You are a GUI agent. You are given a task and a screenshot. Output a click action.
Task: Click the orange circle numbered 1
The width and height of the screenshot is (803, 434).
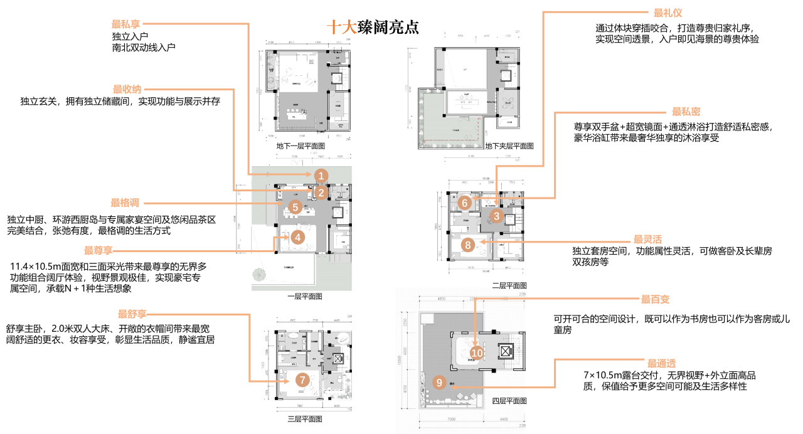point(321,176)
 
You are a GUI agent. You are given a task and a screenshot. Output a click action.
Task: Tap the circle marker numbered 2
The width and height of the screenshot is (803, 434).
point(321,193)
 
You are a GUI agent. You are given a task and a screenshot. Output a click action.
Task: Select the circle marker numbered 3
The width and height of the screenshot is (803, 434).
point(496,216)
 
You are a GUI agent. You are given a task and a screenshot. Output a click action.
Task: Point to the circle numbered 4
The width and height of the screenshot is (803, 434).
point(298,237)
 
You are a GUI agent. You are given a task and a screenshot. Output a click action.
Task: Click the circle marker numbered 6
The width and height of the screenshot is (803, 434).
point(464,203)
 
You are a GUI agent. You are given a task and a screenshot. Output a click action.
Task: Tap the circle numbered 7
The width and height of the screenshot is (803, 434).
point(302,380)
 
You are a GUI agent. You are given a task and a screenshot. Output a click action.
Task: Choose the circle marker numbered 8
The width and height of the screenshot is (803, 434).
point(467,245)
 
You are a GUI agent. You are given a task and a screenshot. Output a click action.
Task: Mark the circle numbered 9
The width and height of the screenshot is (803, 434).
point(439,382)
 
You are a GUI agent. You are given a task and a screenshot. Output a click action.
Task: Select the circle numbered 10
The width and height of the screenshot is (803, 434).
point(477,353)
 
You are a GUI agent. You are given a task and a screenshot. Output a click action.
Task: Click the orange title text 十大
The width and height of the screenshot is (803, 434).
point(342,27)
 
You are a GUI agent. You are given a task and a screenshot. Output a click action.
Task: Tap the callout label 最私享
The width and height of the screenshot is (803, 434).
point(126,24)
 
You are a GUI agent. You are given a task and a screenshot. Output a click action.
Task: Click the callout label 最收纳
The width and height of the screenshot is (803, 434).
point(127,90)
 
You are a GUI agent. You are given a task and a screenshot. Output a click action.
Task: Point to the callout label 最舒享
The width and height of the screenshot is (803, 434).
point(132,314)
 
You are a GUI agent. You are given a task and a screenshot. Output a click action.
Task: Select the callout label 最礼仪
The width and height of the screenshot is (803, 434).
point(667,13)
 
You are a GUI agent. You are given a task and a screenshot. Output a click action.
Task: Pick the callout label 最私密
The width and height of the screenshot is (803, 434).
point(686,112)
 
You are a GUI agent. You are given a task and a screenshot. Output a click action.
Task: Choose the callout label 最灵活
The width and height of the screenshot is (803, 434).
point(647,240)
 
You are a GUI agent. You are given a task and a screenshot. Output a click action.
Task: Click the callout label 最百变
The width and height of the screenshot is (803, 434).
point(655,299)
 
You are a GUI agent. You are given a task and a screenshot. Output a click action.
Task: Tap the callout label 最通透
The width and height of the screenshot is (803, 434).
point(661,363)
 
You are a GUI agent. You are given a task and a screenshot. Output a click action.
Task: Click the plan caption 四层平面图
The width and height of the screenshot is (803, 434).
point(509,401)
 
